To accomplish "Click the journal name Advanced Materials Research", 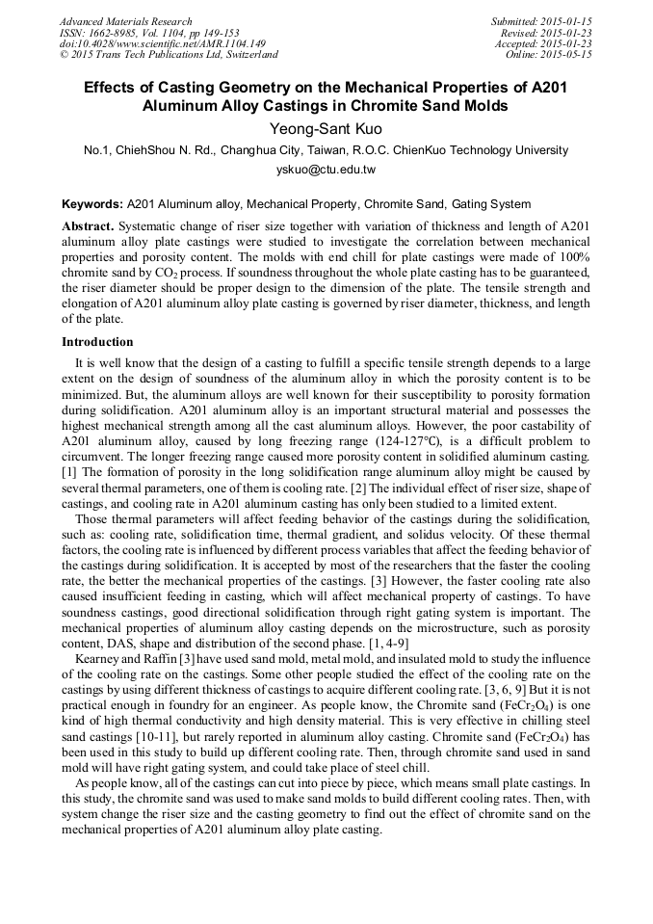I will pyautogui.click(x=126, y=21).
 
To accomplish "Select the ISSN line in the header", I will pyautogui.click(x=149, y=32).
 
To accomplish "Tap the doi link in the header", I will pyautogui.click(x=162, y=43).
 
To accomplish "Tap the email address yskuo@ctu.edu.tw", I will pyautogui.click(x=326, y=170).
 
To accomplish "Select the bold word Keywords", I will pyautogui.click(x=92, y=204).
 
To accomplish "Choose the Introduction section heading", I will pyautogui.click(x=97, y=342).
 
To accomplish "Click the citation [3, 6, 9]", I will pyautogui.click(x=467, y=689).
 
